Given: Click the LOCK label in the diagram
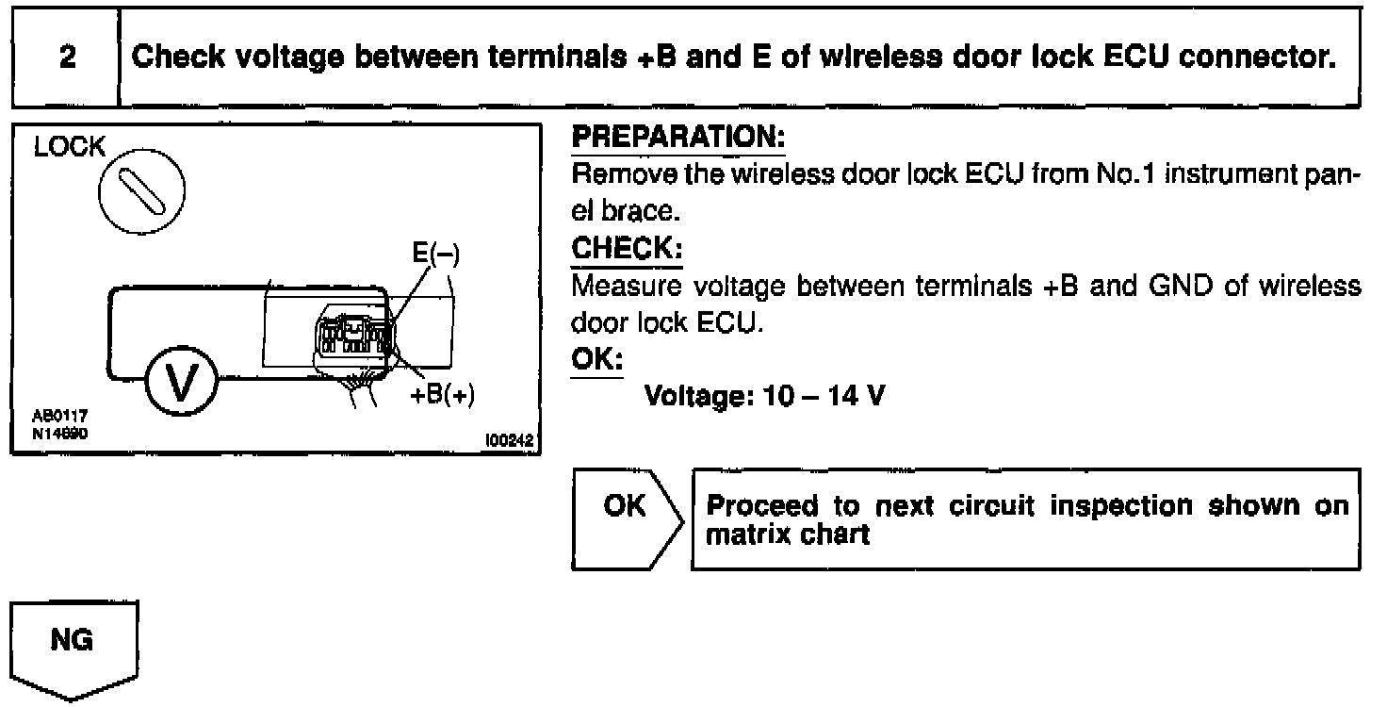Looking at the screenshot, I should pos(68,148).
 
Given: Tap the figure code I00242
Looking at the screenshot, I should pos(509,439).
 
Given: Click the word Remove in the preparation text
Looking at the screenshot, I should pos(610,174).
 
